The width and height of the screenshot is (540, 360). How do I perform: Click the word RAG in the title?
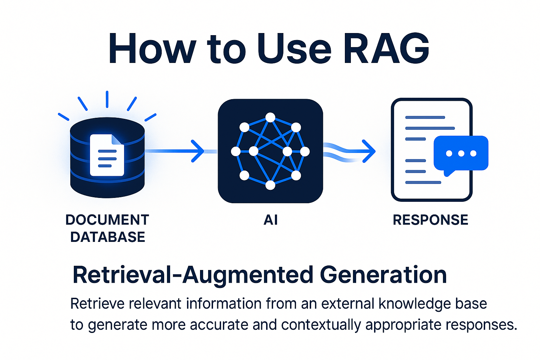(386, 48)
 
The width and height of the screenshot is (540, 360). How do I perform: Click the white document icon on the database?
(107, 155)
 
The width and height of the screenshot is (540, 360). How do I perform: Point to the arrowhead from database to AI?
(198, 151)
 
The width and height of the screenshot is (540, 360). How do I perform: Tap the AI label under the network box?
(270, 220)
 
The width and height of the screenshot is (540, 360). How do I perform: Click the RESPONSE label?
(431, 220)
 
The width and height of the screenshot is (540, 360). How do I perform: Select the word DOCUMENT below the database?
(107, 220)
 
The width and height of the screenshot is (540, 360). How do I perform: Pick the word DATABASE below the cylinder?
(108, 237)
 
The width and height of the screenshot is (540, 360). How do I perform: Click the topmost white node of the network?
(270, 117)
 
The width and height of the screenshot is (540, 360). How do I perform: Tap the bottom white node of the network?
(270, 185)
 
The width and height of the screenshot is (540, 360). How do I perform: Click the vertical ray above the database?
(107, 99)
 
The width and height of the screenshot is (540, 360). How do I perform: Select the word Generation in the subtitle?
(383, 275)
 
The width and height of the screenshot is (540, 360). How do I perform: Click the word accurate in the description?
(219, 324)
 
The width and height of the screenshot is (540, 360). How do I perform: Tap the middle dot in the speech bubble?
(461, 153)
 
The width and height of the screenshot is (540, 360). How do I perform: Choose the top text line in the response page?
(425, 117)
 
